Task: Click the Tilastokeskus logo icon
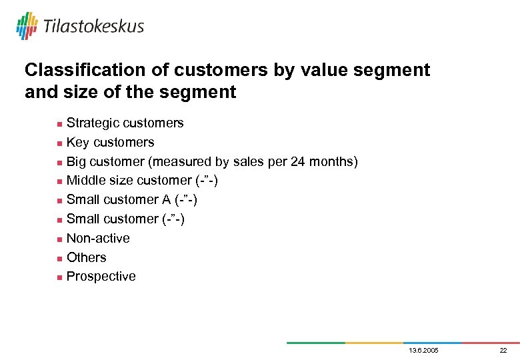[27, 25]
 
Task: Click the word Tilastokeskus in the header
[93, 26]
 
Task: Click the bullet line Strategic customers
[125, 123]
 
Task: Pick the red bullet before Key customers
[60, 143]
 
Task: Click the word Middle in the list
[86, 180]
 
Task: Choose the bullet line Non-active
[98, 238]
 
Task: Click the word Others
[86, 257]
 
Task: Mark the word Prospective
[101, 276]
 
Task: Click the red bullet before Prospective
[60, 277]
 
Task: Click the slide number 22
[503, 351]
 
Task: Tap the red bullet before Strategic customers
[60, 124]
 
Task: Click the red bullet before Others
[60, 258]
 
